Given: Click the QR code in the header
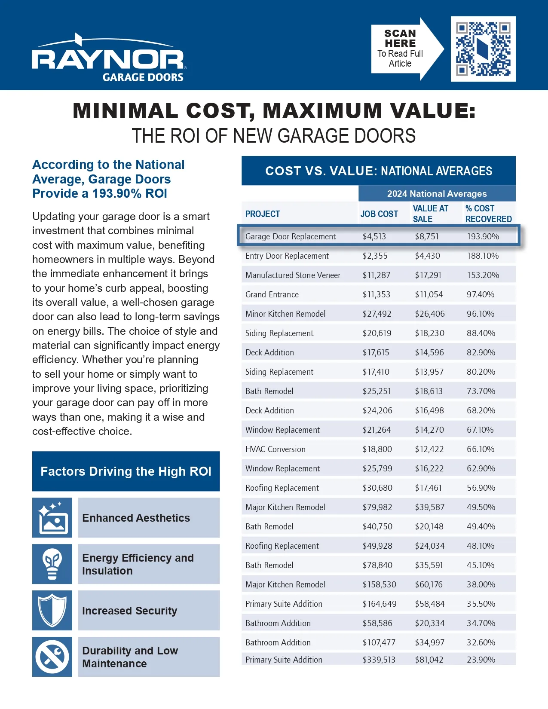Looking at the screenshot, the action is coord(483,49).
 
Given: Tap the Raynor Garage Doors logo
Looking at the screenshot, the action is coord(109,58).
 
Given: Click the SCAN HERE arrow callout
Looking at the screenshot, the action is coord(407,49).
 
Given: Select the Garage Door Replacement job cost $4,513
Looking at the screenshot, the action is coord(374,237).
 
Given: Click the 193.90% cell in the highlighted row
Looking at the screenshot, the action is coord(483,237).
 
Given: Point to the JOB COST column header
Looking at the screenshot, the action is coord(379,214).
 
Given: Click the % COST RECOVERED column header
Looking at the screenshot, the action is coord(488,214).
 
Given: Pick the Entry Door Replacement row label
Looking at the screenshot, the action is coord(287,256).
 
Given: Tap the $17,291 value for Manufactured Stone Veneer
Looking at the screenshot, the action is coord(428,275).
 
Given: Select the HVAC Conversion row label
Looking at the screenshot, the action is coord(276,449).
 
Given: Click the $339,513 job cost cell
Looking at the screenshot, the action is coord(379,660).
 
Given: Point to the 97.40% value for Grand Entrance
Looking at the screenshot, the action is coord(481,295).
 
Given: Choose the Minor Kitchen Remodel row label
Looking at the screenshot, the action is coord(285,314).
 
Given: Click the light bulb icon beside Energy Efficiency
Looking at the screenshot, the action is coord(52,564).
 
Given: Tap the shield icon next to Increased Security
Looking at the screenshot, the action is coord(52,610).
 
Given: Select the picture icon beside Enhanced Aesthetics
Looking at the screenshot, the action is coord(52,517).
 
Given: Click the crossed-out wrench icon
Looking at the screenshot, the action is coord(52,657).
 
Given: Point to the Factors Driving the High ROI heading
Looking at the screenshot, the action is coord(126,471).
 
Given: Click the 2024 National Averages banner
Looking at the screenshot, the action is coord(437,193).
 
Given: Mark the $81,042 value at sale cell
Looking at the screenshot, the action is coord(429,660).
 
